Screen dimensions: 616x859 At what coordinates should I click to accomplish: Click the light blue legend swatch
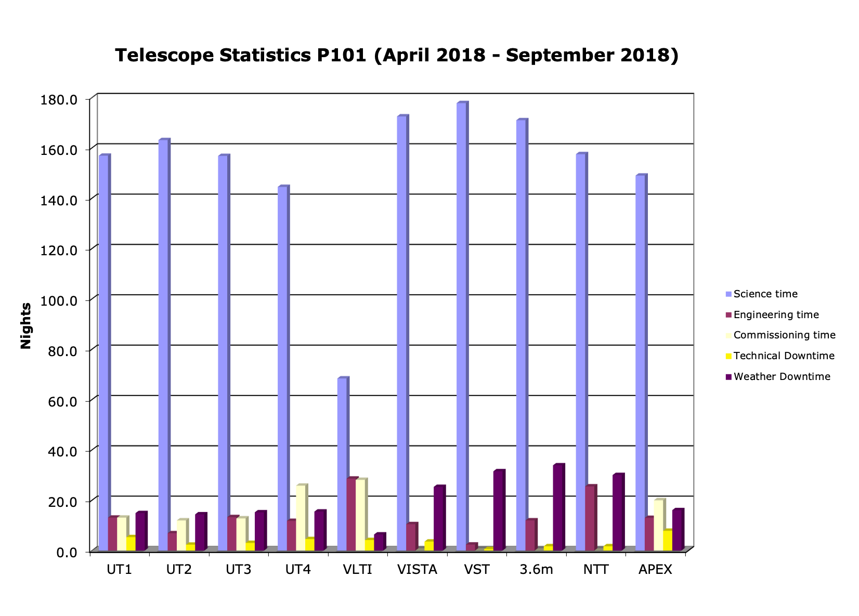pyautogui.click(x=728, y=294)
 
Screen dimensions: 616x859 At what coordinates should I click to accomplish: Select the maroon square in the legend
pyautogui.click(x=728, y=315)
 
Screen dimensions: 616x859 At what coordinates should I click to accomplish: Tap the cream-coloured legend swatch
pyautogui.click(x=728, y=336)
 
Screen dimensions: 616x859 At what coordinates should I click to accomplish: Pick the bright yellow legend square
pyautogui.click(x=728, y=356)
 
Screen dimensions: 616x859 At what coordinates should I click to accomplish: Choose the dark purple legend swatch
pyautogui.click(x=728, y=377)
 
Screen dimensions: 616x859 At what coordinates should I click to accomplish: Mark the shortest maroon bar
pyautogui.click(x=471, y=547)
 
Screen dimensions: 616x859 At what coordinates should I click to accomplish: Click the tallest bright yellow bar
pyautogui.click(x=667, y=540)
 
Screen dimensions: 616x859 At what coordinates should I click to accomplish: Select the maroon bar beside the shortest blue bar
pyautogui.click(x=352, y=514)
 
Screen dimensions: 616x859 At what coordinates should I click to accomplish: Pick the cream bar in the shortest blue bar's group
pyautogui.click(x=360, y=515)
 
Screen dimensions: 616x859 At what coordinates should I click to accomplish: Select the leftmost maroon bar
pyautogui.click(x=113, y=534)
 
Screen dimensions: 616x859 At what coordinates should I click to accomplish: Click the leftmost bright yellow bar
pyautogui.click(x=131, y=543)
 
